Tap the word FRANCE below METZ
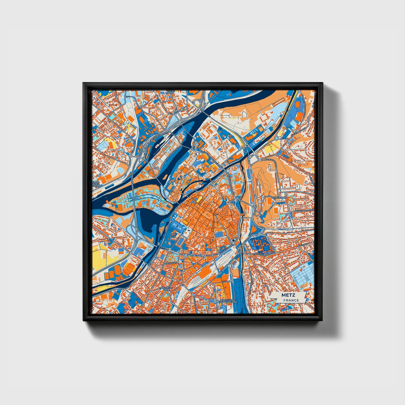(291, 300)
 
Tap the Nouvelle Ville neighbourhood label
(167, 289)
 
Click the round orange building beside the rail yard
(225, 277)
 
